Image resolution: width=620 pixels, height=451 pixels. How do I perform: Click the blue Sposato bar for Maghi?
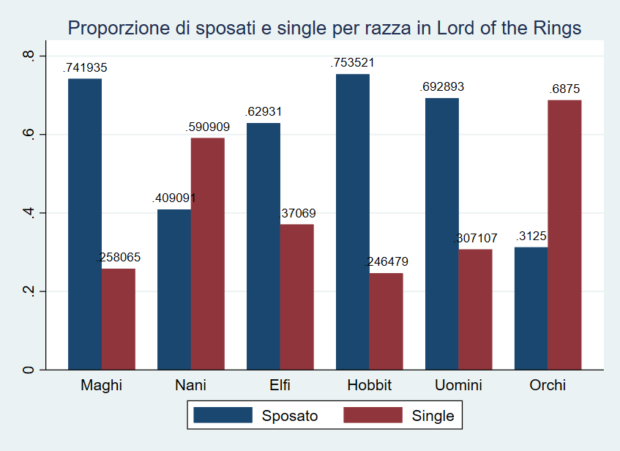pyautogui.click(x=85, y=223)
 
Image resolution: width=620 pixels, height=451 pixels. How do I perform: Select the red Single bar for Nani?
pyautogui.click(x=208, y=253)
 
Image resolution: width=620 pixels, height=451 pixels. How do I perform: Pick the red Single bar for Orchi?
pyautogui.click(x=564, y=234)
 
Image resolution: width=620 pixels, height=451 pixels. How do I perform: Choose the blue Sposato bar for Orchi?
pyautogui.click(x=531, y=308)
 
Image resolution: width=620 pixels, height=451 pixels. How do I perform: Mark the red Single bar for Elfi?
pyautogui.click(x=296, y=297)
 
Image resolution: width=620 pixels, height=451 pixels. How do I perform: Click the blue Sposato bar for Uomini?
pyautogui.click(x=442, y=234)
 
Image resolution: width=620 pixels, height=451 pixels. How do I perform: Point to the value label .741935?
pyautogui.click(x=86, y=67)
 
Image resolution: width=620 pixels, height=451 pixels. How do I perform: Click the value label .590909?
pyautogui.click(x=208, y=127)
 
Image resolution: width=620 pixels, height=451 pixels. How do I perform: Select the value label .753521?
pyautogui.click(x=353, y=63)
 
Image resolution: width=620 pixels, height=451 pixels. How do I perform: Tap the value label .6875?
pyautogui.click(x=565, y=89)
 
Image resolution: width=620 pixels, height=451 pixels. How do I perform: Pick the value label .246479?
pyautogui.click(x=386, y=262)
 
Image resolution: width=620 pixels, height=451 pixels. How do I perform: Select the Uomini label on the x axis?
pyautogui.click(x=458, y=386)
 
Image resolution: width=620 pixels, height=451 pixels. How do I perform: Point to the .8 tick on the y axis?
pyautogui.click(x=29, y=56)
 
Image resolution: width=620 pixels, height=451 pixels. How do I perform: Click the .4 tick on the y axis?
pyautogui.click(x=29, y=213)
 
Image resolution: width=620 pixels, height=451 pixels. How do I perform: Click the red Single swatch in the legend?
pyautogui.click(x=373, y=416)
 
